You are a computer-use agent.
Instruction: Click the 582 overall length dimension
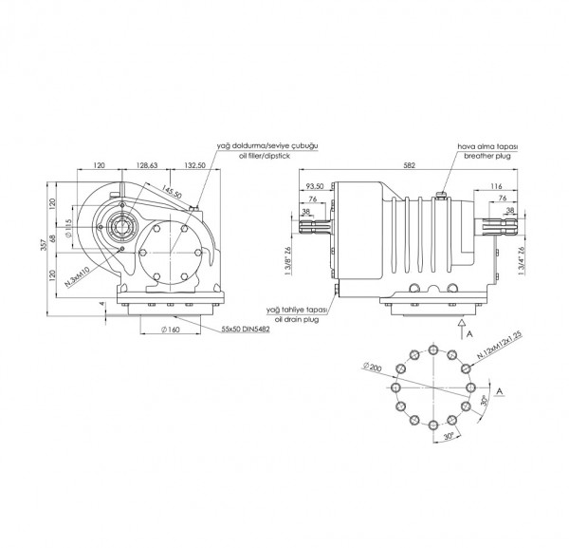pos(410,164)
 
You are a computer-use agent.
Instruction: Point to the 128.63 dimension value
pos(146,164)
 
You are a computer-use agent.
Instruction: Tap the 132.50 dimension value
pos(194,164)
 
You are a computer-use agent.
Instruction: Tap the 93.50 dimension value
pos(316,186)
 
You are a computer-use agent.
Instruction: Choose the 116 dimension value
pos(497,186)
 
